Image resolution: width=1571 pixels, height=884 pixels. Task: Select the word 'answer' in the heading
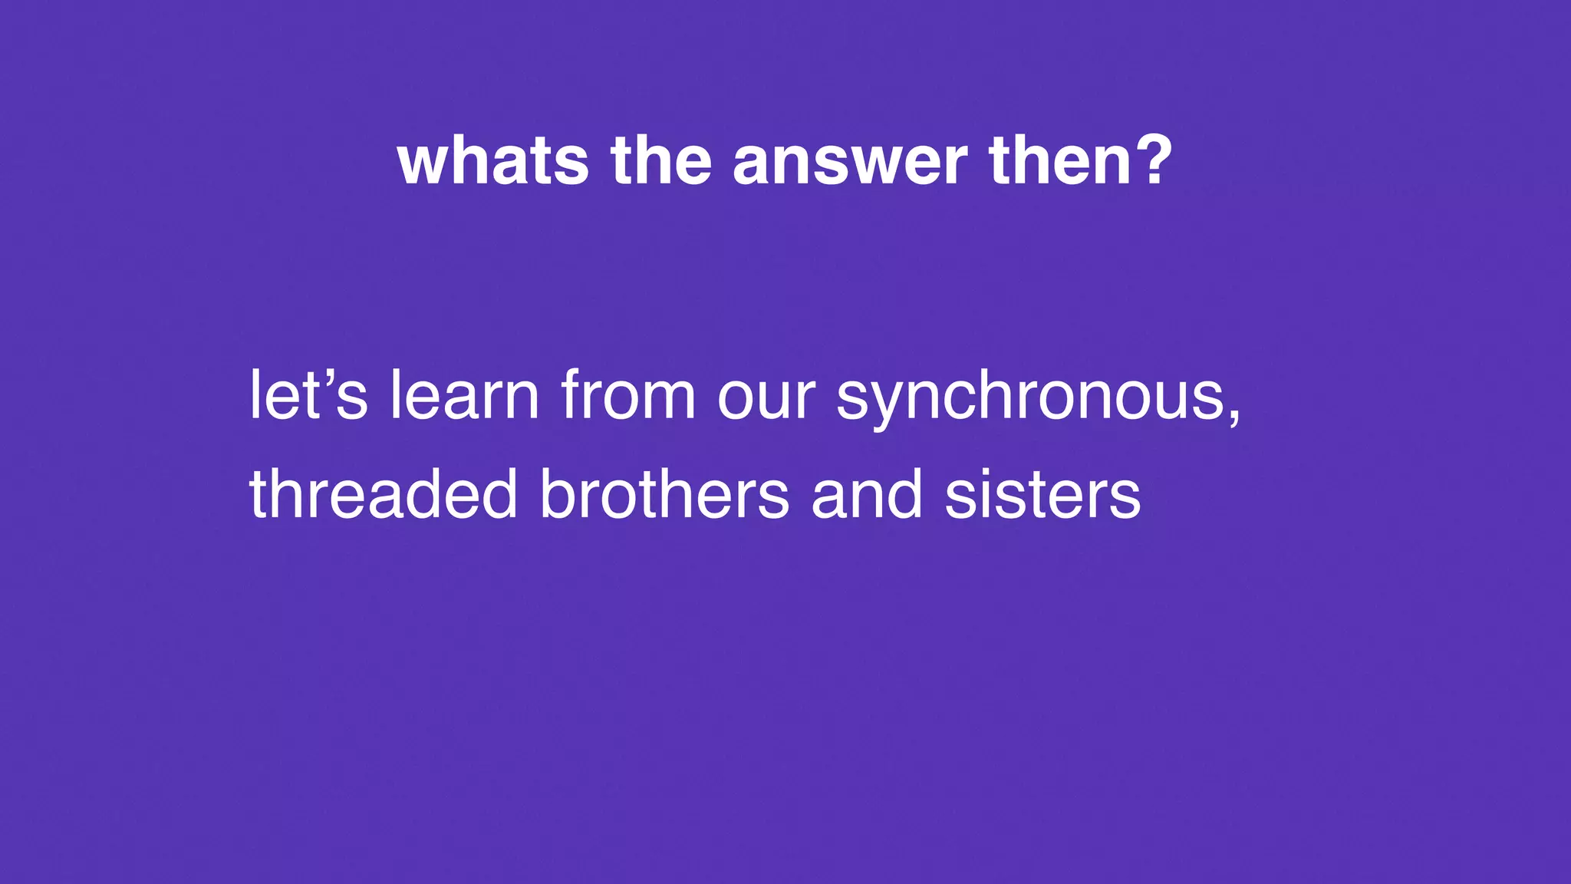849,163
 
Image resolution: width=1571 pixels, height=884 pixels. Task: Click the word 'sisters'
1042,494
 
